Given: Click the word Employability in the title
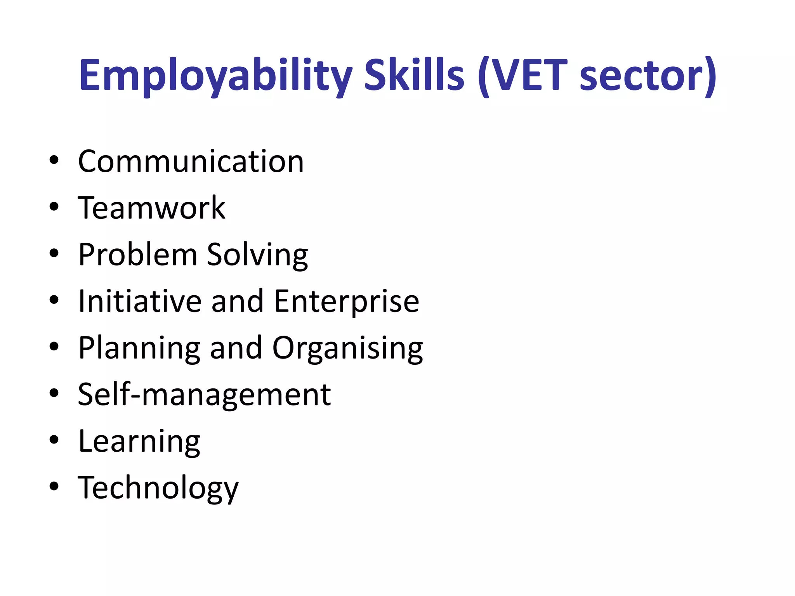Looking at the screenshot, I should point(215,75).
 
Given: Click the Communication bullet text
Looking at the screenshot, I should point(191,161).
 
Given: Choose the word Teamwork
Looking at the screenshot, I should point(151,208).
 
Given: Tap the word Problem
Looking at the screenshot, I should point(138,255).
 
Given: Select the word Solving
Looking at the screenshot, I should point(257,255).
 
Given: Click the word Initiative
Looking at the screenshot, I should point(140,301).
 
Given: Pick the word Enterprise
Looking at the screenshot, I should point(347,302).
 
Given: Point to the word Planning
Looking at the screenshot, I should point(139,348).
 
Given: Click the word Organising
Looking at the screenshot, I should point(347,348).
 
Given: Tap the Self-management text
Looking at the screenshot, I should point(204,395).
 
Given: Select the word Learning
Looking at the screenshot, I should point(139,442).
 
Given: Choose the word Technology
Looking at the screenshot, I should point(158,488).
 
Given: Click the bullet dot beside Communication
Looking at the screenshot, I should point(54,160).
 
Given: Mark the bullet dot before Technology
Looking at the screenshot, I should point(54,486).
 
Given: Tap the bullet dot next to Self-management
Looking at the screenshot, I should point(54,393).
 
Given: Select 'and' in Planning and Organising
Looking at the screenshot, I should point(236,348).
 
